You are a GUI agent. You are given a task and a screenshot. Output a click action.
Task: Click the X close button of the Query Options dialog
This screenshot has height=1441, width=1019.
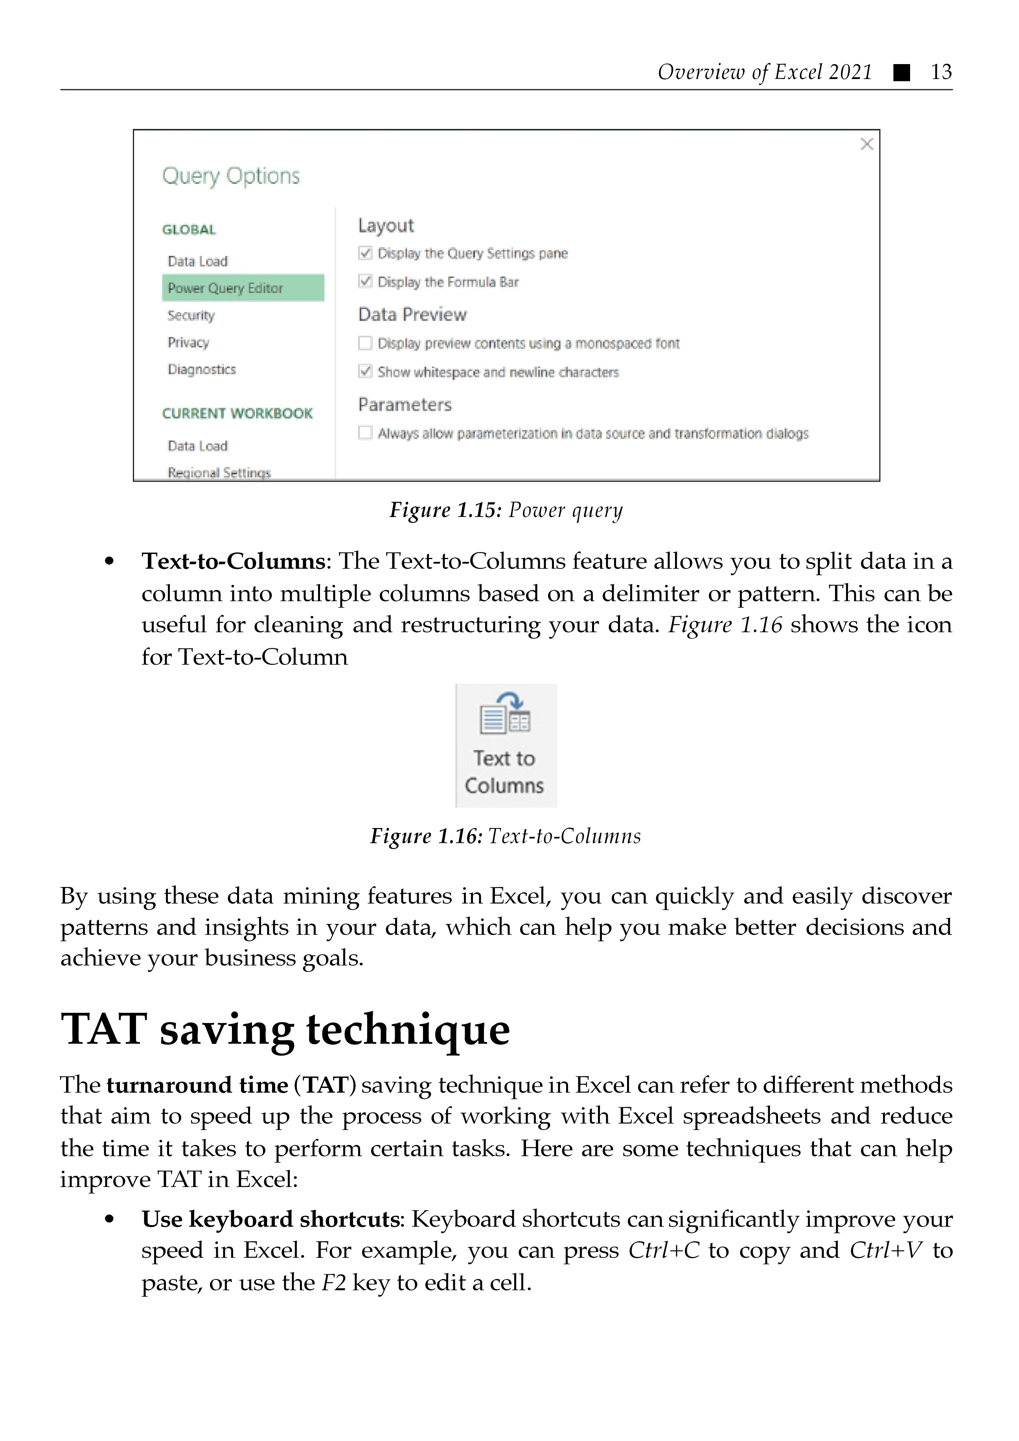866,144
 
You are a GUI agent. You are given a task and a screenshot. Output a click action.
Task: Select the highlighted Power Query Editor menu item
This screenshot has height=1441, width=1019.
243,288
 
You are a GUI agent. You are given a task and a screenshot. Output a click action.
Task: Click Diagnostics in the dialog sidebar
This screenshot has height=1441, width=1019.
201,369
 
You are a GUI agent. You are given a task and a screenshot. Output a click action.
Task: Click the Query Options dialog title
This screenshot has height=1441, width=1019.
231,177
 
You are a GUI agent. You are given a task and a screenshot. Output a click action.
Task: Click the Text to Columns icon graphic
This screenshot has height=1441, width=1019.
505,714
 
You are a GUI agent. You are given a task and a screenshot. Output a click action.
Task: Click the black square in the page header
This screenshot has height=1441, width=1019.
902,73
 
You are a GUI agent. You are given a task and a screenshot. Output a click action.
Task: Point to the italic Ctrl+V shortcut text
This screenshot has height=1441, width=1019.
886,1250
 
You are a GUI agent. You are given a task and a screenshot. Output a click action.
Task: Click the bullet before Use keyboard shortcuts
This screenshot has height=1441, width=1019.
110,1220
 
